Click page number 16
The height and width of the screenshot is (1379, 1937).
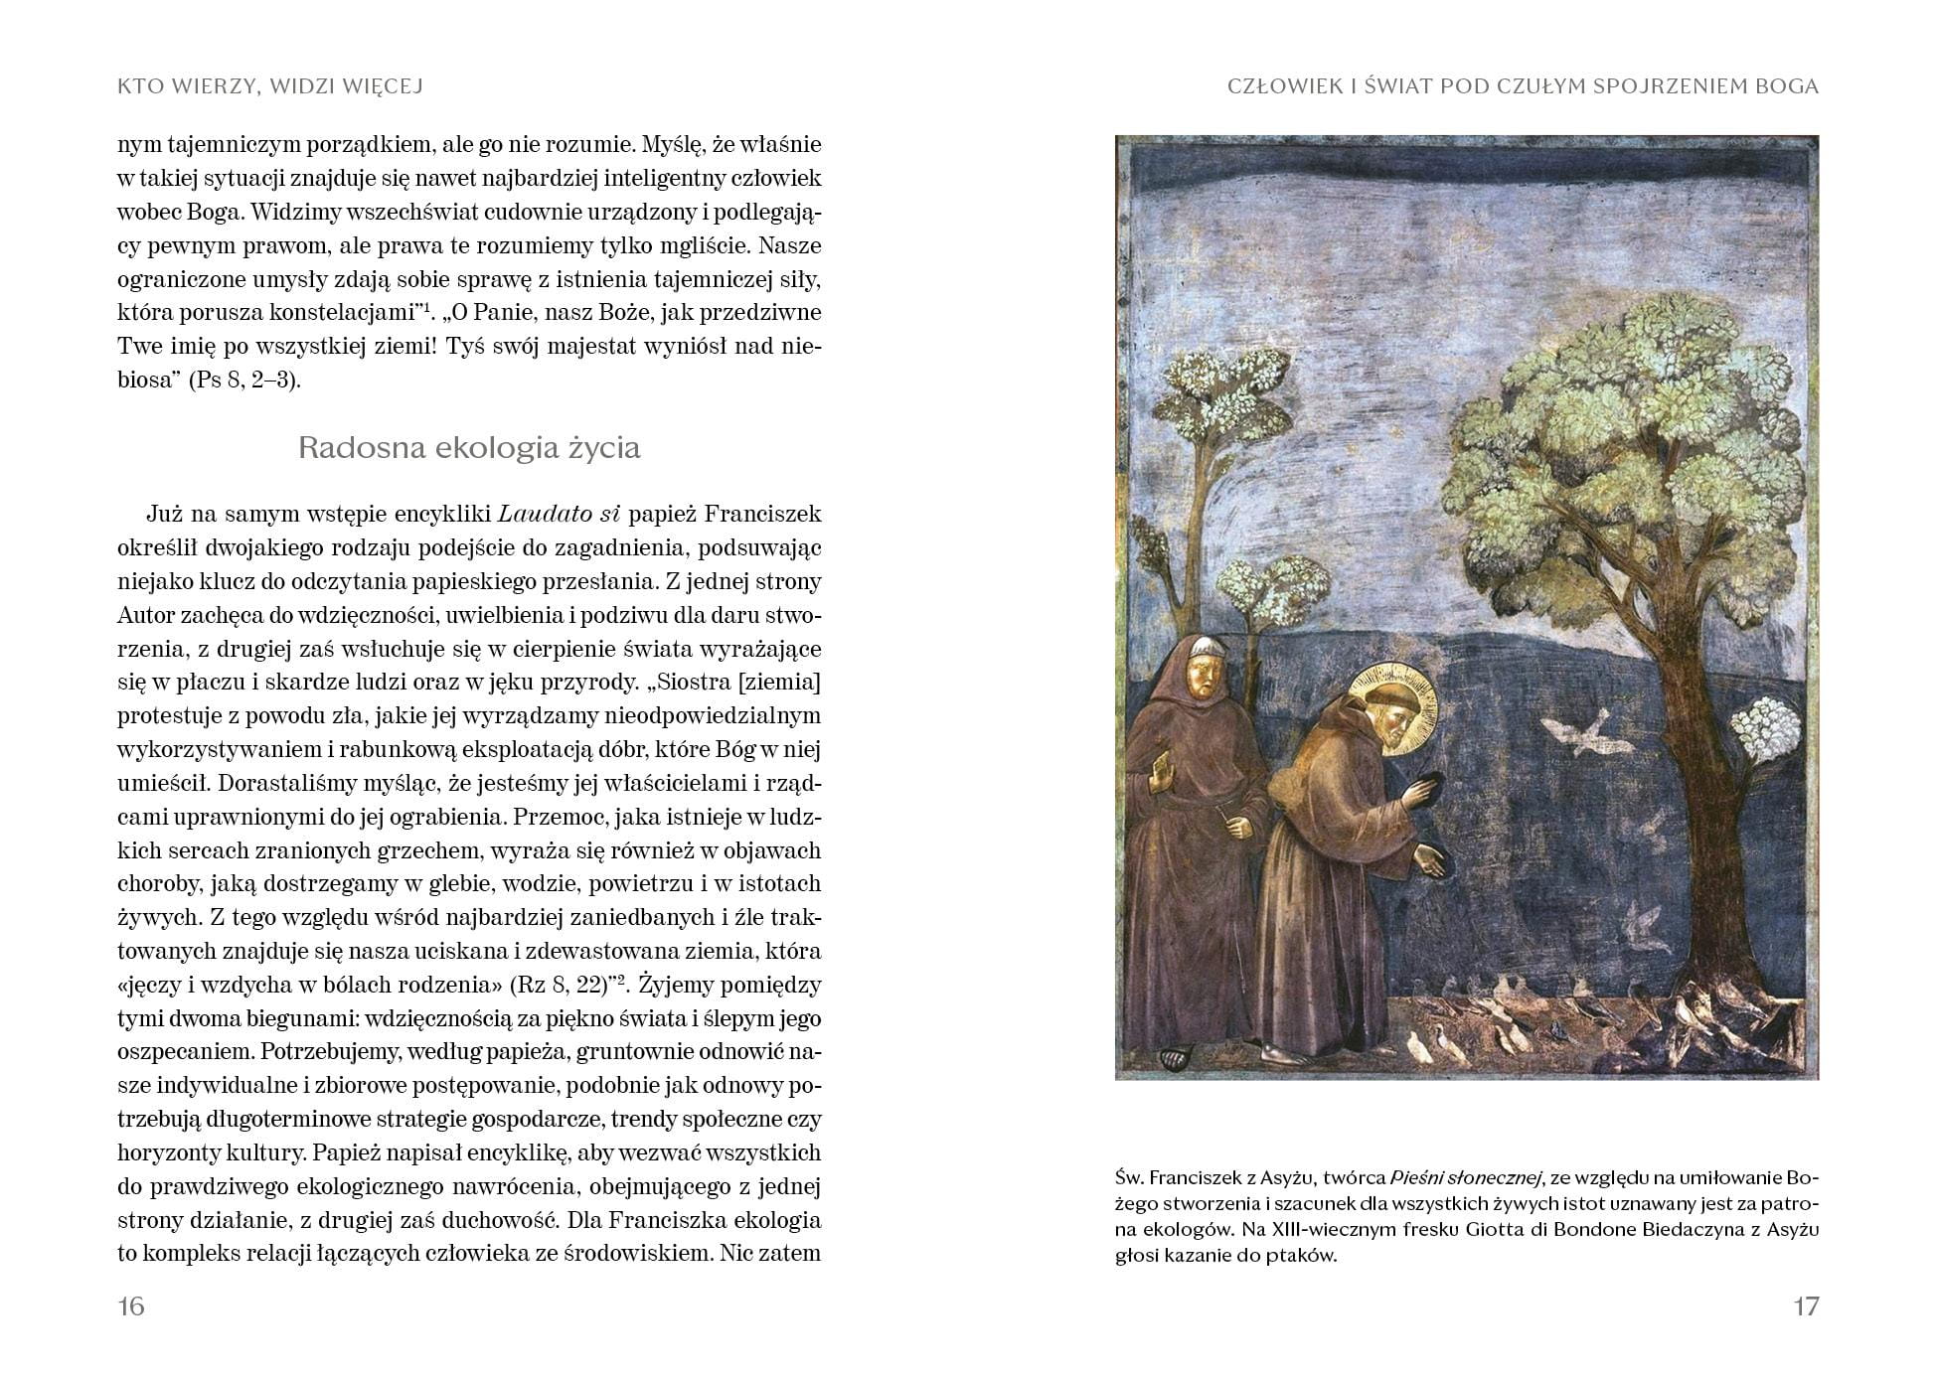coord(131,1306)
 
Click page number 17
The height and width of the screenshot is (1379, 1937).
coord(1805,1306)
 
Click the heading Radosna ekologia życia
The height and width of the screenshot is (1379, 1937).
coord(469,448)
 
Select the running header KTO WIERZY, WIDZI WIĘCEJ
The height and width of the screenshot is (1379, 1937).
coord(270,86)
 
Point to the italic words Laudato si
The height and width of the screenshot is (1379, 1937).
coord(559,515)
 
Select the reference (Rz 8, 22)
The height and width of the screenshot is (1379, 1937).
coord(558,986)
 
